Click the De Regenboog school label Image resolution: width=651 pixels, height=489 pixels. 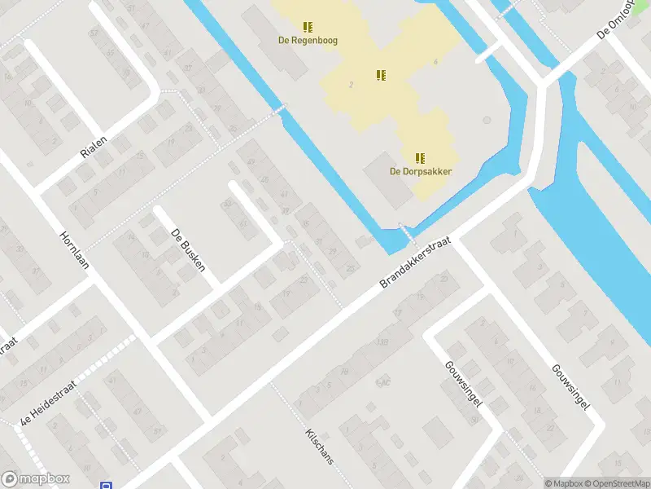coord(308,40)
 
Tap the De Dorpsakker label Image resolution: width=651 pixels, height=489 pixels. coord(420,171)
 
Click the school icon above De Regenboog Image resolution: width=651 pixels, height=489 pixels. coord(308,27)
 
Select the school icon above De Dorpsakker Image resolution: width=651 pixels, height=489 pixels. coord(420,158)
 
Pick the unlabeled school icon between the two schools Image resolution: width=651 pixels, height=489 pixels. coord(380,75)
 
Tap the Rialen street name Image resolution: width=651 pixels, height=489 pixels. coord(94,147)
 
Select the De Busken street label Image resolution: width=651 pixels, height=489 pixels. coord(187,249)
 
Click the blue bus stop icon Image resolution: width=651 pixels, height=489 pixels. coord(106,485)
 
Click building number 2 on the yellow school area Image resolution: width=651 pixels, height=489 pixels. coord(351,85)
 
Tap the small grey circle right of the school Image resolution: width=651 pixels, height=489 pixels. coord(486,120)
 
